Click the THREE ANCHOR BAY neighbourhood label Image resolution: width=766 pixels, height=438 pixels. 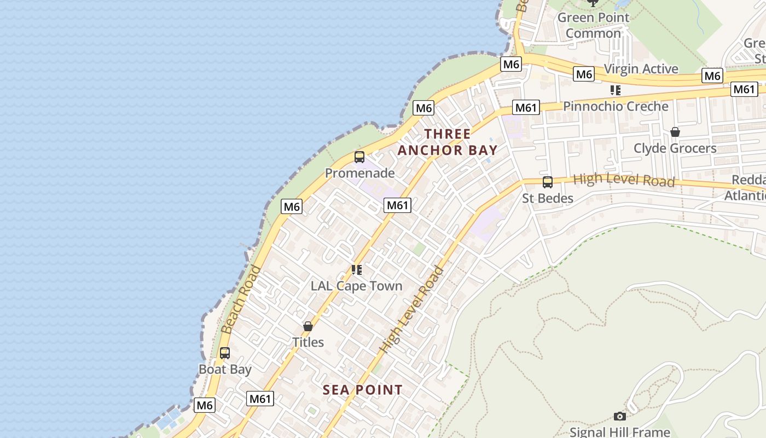[448, 142]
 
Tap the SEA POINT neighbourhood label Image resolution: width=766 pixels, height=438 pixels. [362, 390]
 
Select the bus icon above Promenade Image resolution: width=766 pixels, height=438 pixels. [359, 157]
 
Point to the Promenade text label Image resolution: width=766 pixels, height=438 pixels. [359, 173]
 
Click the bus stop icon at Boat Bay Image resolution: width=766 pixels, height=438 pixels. [225, 353]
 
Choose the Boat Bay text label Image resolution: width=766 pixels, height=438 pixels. [225, 369]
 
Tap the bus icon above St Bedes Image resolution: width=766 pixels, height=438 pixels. [547, 182]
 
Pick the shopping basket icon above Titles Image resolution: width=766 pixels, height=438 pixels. [308, 326]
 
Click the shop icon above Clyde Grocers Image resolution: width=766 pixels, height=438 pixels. [675, 132]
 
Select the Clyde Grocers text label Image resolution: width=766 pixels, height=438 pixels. [675, 148]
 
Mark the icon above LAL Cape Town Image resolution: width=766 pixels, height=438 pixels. [357, 269]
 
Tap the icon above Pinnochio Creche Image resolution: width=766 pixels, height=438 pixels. [616, 90]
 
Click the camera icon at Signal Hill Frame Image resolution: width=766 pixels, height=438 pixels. [620, 417]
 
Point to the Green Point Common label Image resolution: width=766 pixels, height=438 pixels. [593, 25]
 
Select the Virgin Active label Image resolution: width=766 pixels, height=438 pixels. [641, 69]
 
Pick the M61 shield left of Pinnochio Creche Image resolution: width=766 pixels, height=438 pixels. [526, 108]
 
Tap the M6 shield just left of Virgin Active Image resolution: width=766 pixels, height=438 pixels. [584, 74]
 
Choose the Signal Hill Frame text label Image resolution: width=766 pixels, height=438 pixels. [620, 432]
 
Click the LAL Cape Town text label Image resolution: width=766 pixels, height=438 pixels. [356, 286]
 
